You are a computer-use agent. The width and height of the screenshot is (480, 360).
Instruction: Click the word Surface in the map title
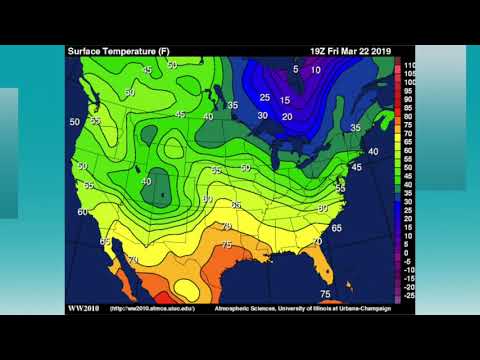(83, 50)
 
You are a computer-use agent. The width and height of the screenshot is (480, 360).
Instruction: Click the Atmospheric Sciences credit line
(302, 308)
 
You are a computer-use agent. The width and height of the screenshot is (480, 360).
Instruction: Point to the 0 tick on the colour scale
(407, 252)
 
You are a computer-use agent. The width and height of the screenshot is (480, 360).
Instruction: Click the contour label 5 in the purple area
(295, 68)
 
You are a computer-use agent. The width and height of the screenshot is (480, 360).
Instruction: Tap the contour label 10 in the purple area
(316, 70)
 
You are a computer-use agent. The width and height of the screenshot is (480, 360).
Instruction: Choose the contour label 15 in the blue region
(285, 100)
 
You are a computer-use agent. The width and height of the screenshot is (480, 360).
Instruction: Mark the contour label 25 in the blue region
(265, 97)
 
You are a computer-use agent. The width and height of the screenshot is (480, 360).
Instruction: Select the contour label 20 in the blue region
(287, 117)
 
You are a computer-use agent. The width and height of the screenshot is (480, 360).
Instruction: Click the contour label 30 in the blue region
(263, 116)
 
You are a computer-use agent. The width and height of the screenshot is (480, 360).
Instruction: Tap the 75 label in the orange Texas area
(227, 244)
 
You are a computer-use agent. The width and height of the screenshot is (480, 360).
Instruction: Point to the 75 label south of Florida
(325, 294)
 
